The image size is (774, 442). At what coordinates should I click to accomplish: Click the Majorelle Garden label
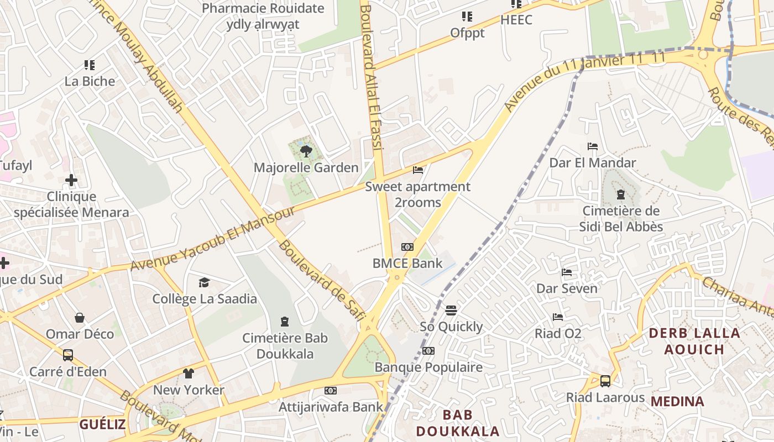[x=306, y=167]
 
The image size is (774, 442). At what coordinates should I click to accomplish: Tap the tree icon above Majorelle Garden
[x=306, y=151]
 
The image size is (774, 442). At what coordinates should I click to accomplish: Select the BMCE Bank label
[x=407, y=263]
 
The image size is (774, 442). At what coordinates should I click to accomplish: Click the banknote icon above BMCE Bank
[x=407, y=247]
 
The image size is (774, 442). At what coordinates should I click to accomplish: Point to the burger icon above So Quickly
[x=451, y=311]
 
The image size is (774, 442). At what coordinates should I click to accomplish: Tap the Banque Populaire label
[x=428, y=367]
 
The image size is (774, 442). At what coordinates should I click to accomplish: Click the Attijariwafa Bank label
[x=331, y=407]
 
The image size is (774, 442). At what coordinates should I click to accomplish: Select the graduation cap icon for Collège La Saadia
[x=205, y=283]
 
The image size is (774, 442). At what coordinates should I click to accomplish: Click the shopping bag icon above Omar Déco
[x=80, y=318]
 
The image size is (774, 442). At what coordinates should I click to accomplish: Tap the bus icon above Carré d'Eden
[x=68, y=355]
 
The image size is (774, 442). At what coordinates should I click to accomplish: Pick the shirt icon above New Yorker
[x=189, y=373]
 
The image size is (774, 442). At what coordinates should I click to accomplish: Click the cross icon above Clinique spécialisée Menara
[x=71, y=180]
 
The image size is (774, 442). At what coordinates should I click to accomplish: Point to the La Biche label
[x=90, y=81]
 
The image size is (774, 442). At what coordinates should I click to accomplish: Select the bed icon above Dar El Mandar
[x=593, y=146]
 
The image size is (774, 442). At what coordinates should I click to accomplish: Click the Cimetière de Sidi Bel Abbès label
[x=621, y=219]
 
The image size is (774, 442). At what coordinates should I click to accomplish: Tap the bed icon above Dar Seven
[x=567, y=272]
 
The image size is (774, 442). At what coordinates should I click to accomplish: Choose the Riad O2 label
[x=558, y=333]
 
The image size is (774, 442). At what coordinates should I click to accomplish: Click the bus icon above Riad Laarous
[x=605, y=381]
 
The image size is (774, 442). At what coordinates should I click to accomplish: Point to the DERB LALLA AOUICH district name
[x=694, y=341]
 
